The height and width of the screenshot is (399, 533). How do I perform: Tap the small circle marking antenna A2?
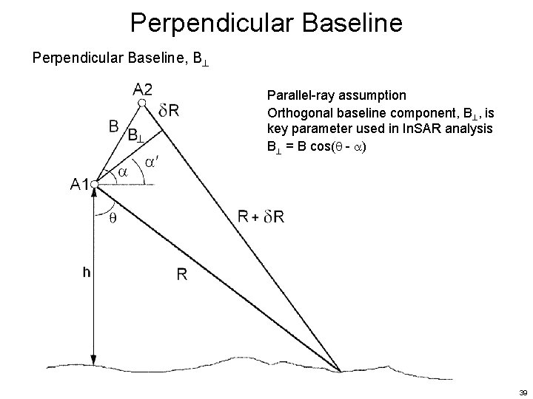(x=141, y=104)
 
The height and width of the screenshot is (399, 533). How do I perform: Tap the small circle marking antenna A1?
(x=94, y=183)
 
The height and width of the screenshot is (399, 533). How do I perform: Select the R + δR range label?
(x=261, y=216)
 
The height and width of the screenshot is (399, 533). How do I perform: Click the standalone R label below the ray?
(x=181, y=275)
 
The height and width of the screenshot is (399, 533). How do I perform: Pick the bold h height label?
(x=87, y=272)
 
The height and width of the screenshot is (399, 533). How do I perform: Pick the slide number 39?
(x=522, y=391)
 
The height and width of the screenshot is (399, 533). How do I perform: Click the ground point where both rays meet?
(x=340, y=370)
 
